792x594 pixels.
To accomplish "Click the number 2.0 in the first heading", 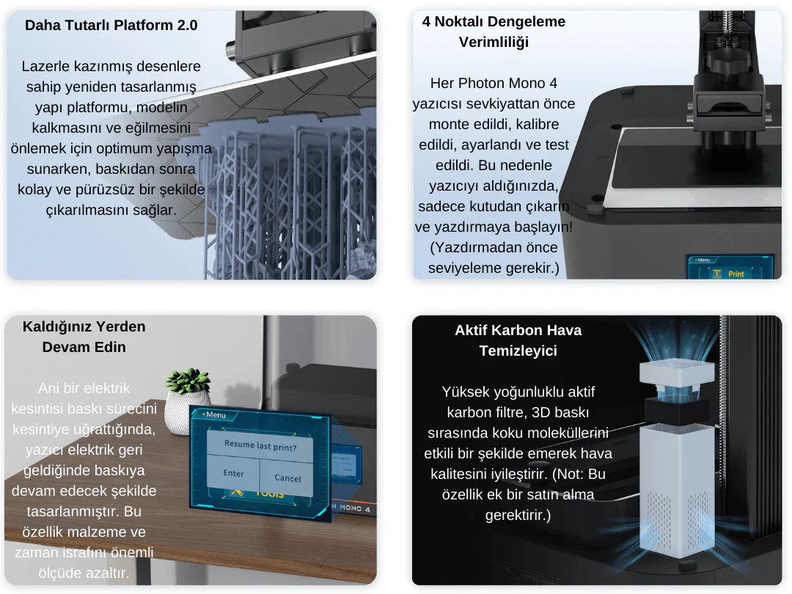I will (188, 25).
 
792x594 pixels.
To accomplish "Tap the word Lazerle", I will (46, 66).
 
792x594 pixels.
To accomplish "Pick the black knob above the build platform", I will (726, 56).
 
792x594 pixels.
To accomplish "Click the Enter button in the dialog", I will (233, 474).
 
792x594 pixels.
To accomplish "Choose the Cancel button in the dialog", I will (287, 478).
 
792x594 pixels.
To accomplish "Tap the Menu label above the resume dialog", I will (214, 415).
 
